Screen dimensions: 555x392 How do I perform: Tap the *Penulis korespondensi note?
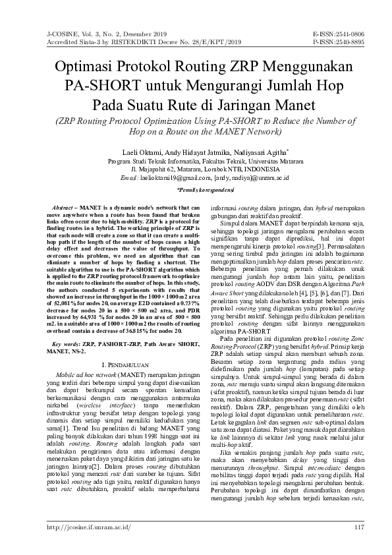coord(196,189)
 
